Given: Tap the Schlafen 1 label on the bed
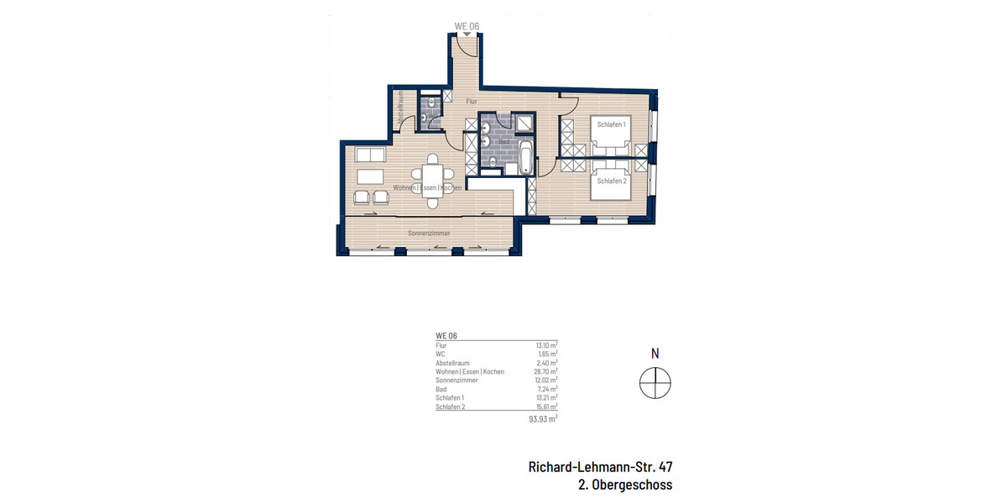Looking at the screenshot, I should (611, 124).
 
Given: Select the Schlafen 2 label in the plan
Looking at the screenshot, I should (611, 181).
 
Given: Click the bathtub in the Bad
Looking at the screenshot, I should (526, 159).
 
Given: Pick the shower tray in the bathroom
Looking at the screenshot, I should (527, 124).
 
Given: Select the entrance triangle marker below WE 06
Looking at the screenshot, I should (466, 34).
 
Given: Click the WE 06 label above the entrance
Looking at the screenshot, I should (467, 26).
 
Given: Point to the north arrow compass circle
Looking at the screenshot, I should (655, 384).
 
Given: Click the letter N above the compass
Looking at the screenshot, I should (655, 354).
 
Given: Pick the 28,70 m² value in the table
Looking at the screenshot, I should (546, 371).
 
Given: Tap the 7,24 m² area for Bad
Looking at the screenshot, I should (547, 389).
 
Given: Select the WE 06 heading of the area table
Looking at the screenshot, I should (446, 335).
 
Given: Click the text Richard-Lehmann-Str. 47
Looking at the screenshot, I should (600, 466).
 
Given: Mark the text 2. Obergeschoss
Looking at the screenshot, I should (625, 485).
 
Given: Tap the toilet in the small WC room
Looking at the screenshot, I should (431, 104).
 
